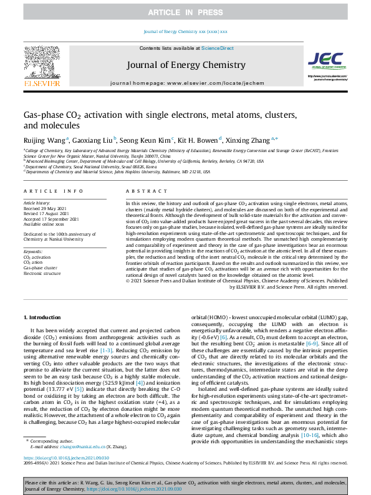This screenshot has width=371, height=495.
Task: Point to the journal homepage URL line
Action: coord(185,83)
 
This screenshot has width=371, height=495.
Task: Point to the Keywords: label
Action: coord(35,251)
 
